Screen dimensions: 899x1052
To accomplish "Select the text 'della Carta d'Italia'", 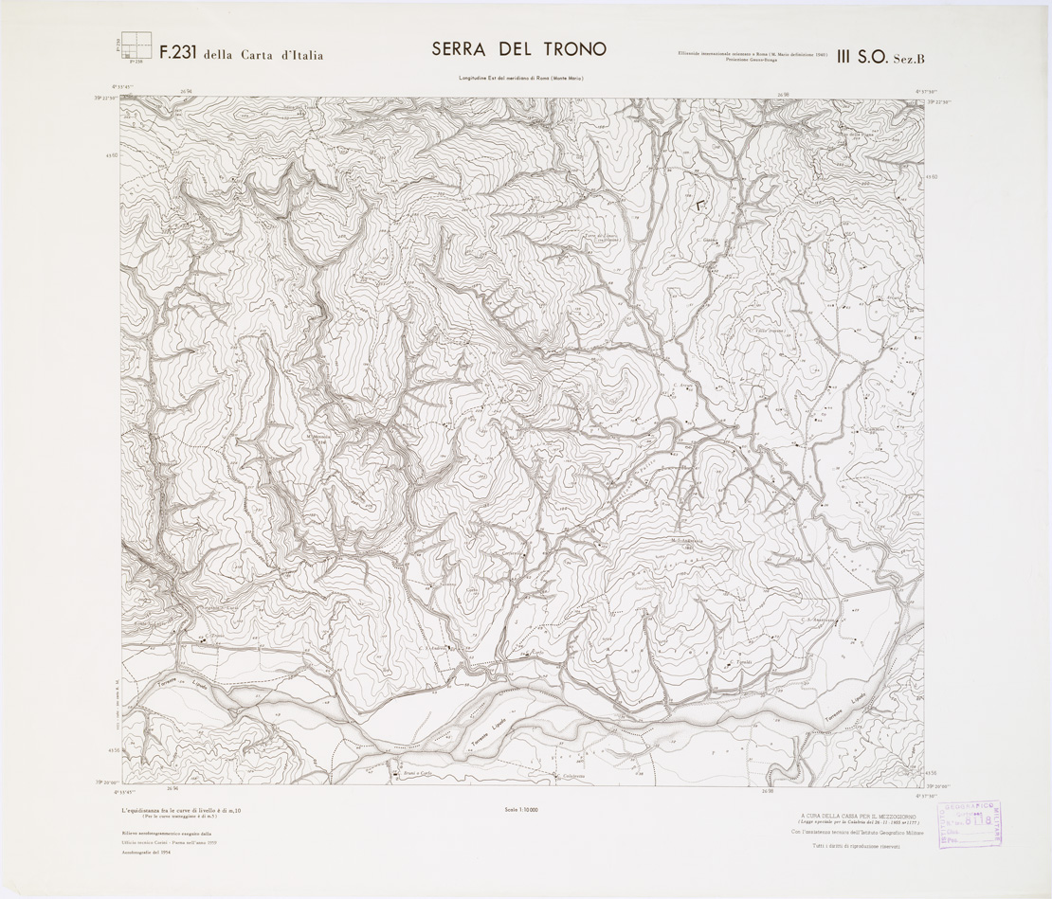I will coord(263,56).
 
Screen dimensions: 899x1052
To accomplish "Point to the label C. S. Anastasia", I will coord(818,620).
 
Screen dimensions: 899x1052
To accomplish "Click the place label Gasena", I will coord(709,240).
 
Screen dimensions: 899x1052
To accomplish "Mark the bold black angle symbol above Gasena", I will coord(701,204).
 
